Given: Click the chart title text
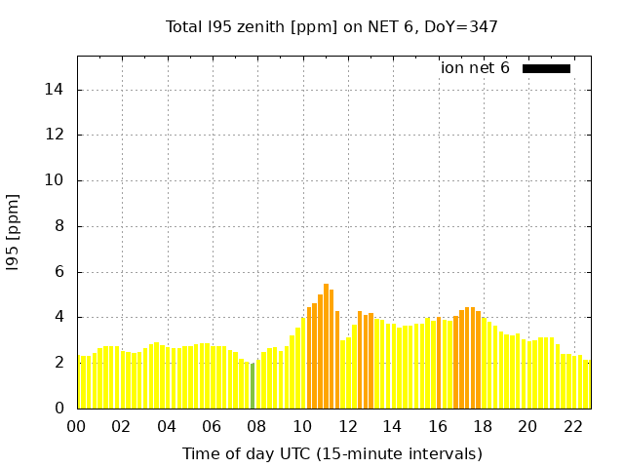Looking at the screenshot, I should [x=332, y=26].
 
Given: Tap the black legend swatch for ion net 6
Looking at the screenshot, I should [x=546, y=68].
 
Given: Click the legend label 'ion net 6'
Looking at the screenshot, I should [x=475, y=68].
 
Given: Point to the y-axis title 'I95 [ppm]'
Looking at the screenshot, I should [x=14, y=233].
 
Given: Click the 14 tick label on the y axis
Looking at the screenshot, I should [x=57, y=90].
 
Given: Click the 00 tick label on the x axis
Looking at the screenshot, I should [x=77, y=427].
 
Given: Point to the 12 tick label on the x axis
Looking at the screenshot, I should [x=347, y=427].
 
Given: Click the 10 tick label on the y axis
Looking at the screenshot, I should [x=57, y=180].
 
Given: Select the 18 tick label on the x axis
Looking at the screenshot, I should [x=483, y=427].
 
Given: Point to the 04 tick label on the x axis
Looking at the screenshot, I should [x=167, y=427].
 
